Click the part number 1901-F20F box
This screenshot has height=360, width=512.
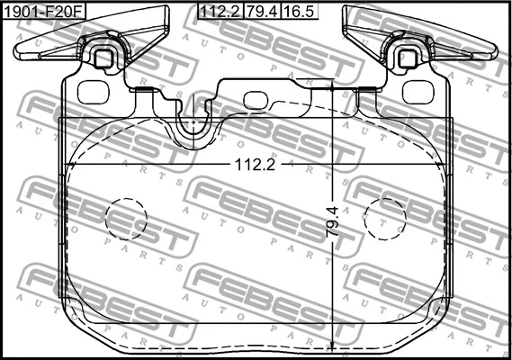[x=44, y=12]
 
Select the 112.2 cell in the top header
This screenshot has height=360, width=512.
[x=220, y=12]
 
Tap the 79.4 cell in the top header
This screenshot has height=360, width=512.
[x=262, y=12]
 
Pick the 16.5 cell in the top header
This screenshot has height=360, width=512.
[x=299, y=12]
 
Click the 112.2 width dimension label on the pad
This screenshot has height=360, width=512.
[x=255, y=165]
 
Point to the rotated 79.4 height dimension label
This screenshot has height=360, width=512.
[x=333, y=221]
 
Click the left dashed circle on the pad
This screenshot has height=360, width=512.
[x=126, y=219]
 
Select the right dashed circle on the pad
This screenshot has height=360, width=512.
[x=385, y=219]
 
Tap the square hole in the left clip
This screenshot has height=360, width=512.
[x=103, y=58]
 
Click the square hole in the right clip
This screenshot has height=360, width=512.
[x=408, y=58]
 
